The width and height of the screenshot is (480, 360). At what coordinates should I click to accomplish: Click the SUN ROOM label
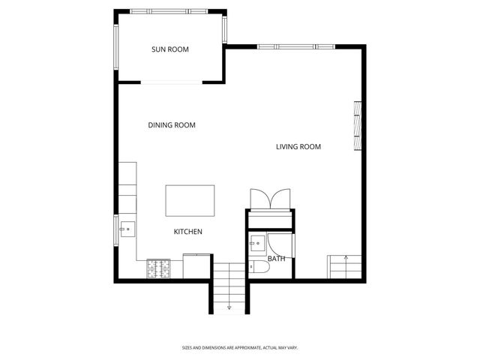tap(170, 49)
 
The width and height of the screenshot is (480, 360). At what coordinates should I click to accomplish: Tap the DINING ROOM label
tap(172, 125)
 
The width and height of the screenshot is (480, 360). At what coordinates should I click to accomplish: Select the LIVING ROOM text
tap(298, 147)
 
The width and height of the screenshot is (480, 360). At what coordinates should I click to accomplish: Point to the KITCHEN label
tap(188, 232)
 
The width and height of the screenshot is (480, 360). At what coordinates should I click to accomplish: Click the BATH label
tap(277, 259)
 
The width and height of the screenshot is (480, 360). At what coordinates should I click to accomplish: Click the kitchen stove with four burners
tap(158, 266)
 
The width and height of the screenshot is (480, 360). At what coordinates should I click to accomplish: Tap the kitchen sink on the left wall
tap(127, 228)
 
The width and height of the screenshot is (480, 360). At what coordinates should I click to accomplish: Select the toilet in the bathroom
tap(258, 267)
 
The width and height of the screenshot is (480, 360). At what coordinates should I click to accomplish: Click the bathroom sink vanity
tap(256, 242)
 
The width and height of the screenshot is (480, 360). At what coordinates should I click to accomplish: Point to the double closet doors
tap(268, 199)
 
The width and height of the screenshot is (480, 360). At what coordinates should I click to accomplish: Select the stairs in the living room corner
tap(345, 266)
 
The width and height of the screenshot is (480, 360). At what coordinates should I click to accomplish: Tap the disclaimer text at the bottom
tap(240, 347)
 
